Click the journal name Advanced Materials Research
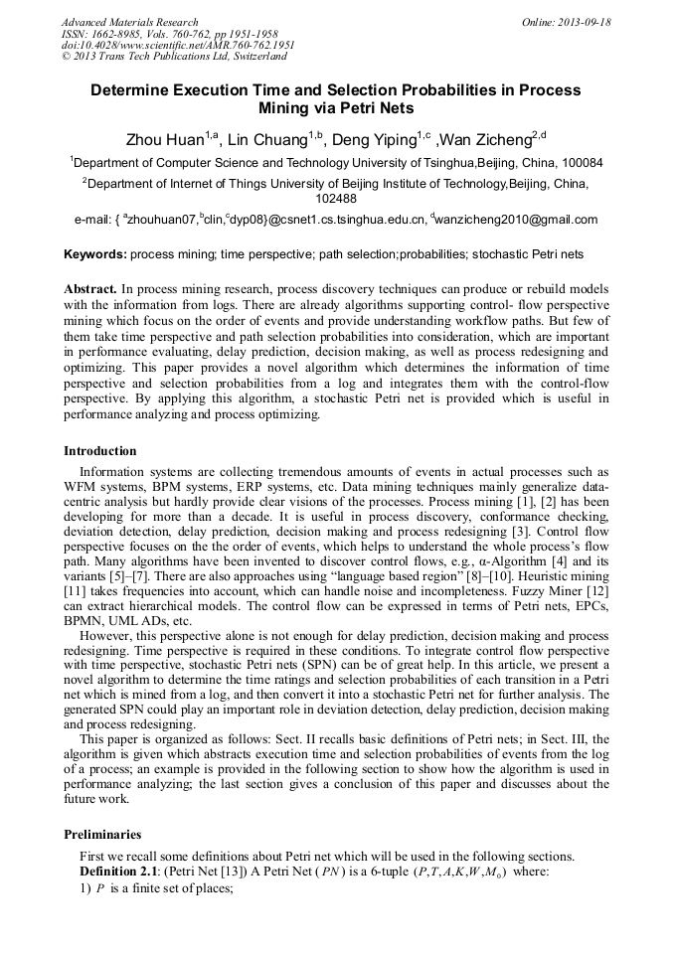129,22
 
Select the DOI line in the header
178,45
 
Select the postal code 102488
336,198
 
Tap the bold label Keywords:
95,254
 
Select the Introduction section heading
100,451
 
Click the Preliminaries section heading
102,835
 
